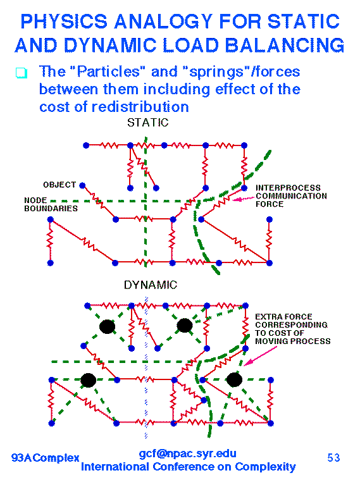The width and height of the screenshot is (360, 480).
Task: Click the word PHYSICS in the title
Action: point(64,22)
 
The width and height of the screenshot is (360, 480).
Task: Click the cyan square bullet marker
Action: point(22,73)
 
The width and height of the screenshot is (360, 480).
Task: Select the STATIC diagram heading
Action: point(148,123)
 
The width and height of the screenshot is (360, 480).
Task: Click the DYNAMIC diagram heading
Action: point(151,285)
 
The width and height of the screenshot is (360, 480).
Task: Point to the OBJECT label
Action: point(59,185)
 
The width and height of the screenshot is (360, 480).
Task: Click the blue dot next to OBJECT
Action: point(82,185)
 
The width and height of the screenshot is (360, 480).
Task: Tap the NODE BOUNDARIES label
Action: point(51,204)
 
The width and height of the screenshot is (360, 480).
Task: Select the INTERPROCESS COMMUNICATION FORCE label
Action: point(291,196)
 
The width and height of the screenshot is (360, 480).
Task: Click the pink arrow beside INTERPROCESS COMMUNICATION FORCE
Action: point(244,199)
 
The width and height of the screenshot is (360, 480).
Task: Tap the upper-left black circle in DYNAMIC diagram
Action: point(107,326)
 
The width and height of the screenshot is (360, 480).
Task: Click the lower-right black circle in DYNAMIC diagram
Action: point(234,380)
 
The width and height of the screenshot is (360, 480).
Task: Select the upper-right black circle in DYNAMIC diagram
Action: point(185,326)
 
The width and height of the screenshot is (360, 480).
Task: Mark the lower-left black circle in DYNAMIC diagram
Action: point(88,381)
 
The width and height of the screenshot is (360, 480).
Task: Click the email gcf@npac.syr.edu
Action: point(187,453)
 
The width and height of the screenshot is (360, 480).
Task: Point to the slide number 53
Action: point(333,458)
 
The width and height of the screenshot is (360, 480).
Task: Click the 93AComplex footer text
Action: point(46,458)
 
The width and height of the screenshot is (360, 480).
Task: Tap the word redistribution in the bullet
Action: point(140,107)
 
